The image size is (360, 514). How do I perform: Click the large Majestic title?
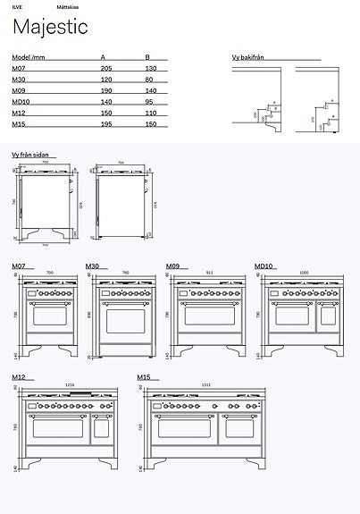pyautogui.click(x=50, y=28)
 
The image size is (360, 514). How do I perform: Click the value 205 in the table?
pyautogui.click(x=106, y=68)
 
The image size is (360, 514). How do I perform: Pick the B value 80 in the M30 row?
pyautogui.click(x=149, y=80)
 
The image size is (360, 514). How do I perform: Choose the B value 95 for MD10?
pyautogui.click(x=149, y=103)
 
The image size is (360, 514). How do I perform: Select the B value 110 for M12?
pyautogui.click(x=150, y=114)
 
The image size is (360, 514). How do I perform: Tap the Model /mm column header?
pyautogui.click(x=28, y=56)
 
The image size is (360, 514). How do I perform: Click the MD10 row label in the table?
pyautogui.click(x=20, y=103)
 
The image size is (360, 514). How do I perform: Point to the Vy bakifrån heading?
pyautogui.click(x=247, y=57)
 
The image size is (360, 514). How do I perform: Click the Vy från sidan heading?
pyautogui.click(x=29, y=155)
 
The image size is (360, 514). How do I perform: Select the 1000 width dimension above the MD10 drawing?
pyautogui.click(x=304, y=272)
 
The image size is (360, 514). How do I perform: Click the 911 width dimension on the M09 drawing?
pyautogui.click(x=209, y=272)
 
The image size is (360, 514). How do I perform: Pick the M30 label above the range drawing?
pyautogui.click(x=92, y=266)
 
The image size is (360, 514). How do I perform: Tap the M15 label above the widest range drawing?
pyautogui.click(x=144, y=378)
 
